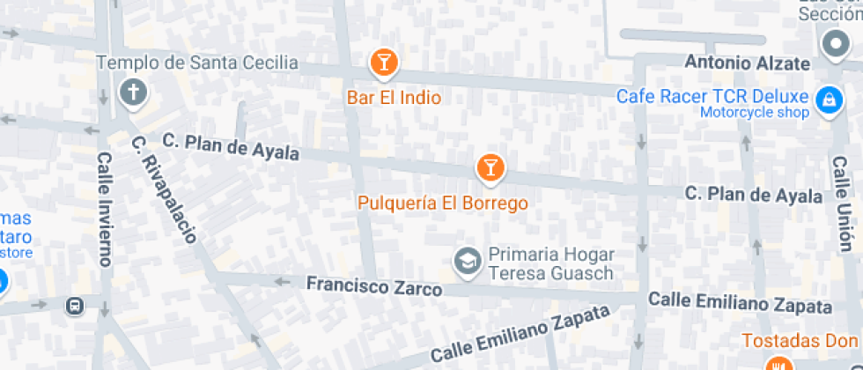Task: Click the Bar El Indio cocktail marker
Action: click(x=383, y=62)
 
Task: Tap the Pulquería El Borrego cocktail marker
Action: click(x=491, y=166)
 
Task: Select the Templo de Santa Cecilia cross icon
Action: click(x=134, y=92)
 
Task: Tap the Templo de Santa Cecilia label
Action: click(x=197, y=63)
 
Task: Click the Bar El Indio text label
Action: click(x=394, y=98)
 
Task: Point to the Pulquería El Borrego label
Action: click(x=443, y=203)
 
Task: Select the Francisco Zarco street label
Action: click(x=373, y=286)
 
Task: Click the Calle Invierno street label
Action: click(x=105, y=209)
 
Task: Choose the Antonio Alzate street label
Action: click(x=747, y=63)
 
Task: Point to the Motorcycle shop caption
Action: click(x=755, y=112)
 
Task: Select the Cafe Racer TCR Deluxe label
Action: click(x=712, y=96)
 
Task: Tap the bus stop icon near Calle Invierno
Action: click(x=76, y=306)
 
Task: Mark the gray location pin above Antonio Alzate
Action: click(x=833, y=44)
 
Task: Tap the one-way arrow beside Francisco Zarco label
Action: click(x=283, y=282)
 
